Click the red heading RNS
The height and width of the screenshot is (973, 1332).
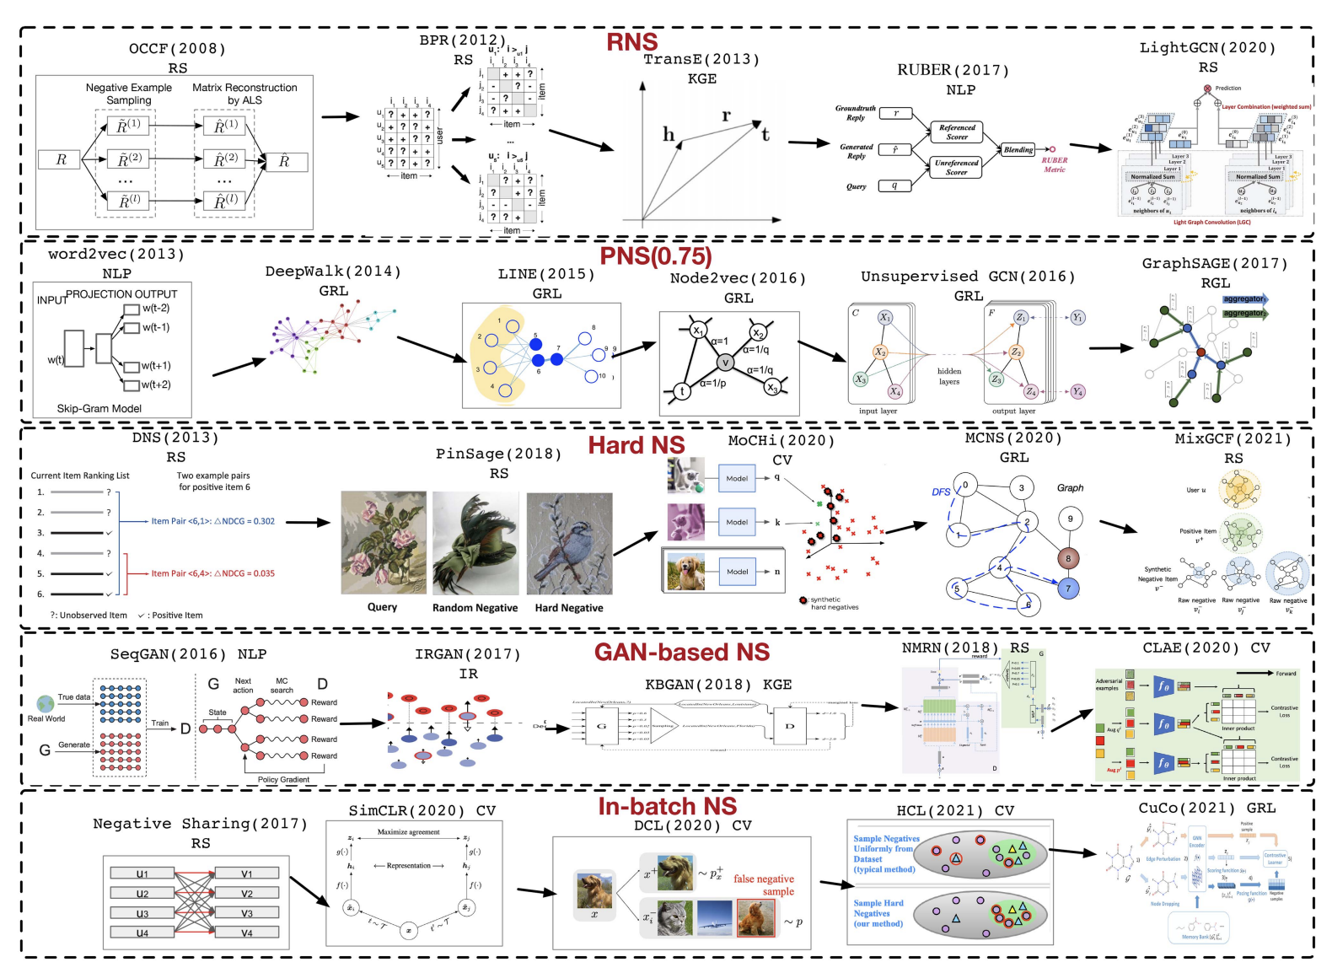click(x=631, y=41)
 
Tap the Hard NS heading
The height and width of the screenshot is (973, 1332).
click(x=636, y=445)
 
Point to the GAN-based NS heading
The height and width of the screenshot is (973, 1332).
click(x=681, y=652)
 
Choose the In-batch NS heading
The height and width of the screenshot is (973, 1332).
click(x=667, y=806)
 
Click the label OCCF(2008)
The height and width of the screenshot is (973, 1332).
click(x=177, y=49)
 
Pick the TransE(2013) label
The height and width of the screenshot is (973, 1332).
click(x=701, y=59)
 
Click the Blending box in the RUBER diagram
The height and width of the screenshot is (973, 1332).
click(x=1018, y=150)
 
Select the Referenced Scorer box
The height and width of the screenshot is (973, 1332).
click(x=957, y=132)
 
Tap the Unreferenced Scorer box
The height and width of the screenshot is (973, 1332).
click(x=956, y=167)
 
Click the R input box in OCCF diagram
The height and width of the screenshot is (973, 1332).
click(x=61, y=159)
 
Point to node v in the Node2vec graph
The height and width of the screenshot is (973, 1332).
click(x=725, y=363)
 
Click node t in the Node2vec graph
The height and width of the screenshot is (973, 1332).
click(x=681, y=391)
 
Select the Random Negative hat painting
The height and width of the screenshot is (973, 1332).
click(x=475, y=543)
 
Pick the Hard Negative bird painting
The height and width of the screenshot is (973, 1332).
click(x=569, y=543)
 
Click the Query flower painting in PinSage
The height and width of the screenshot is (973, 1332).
click(x=383, y=543)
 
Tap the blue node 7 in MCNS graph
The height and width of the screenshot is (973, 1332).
click(x=1067, y=589)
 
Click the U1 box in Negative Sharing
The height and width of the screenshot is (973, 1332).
click(x=142, y=874)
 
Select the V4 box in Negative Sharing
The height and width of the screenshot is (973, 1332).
click(x=246, y=933)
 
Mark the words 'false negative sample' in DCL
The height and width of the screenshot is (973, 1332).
click(x=764, y=884)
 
